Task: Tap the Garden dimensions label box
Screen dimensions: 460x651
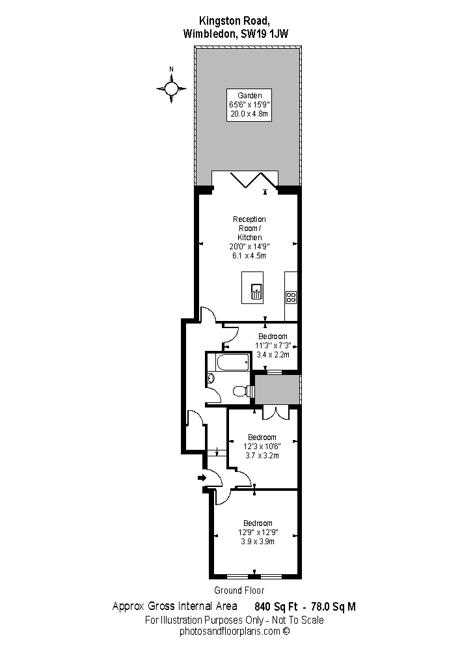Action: click(249, 105)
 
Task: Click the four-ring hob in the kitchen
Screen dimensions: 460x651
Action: click(291, 297)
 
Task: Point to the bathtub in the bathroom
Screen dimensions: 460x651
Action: click(233, 363)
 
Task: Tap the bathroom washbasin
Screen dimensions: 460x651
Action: click(211, 378)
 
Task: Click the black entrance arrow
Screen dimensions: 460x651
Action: click(202, 477)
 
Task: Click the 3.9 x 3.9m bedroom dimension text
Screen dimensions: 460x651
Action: click(258, 542)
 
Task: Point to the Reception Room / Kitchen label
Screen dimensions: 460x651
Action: click(249, 229)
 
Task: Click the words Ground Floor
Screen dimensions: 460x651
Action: click(239, 590)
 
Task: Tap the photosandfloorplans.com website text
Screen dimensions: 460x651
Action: click(235, 631)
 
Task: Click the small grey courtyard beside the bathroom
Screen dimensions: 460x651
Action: click(277, 389)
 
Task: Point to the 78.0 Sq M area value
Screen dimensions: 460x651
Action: click(334, 607)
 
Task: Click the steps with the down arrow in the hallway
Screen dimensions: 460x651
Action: click(216, 452)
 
